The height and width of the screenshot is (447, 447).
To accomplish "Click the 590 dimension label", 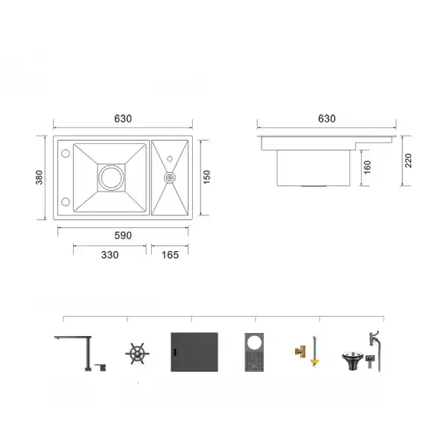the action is click(123, 235).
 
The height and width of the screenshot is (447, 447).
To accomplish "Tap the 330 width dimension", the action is click(110, 255).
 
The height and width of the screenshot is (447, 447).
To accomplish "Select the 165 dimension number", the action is click(170, 255).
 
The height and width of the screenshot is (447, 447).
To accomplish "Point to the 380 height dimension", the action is click(39, 177).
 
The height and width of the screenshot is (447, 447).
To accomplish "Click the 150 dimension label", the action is click(207, 177).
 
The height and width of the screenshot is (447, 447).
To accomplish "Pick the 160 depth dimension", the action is click(367, 168).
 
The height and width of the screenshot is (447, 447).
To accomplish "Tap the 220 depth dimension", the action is click(408, 160).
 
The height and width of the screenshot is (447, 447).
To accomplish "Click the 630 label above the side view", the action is click(327, 118).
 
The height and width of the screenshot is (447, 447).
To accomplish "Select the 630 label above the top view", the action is click(123, 118).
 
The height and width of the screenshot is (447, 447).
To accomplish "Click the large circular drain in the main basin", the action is click(112, 177).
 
